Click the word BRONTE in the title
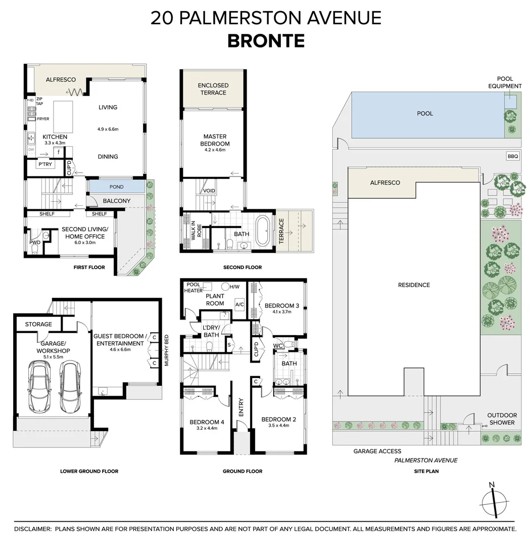pos(266,40)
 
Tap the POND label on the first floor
pos(117,187)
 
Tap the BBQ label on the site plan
pos(513,157)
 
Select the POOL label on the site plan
pos(425,114)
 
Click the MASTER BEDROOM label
pos(215,140)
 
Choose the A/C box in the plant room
pos(239,304)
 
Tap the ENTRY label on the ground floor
pos(241,407)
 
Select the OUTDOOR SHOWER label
pos(502,419)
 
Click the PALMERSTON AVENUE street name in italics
pos(425,461)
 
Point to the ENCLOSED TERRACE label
pos(213,89)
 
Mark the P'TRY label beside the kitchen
pos(45,164)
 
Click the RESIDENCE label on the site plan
pos(414,285)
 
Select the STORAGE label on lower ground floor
pos(38,324)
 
